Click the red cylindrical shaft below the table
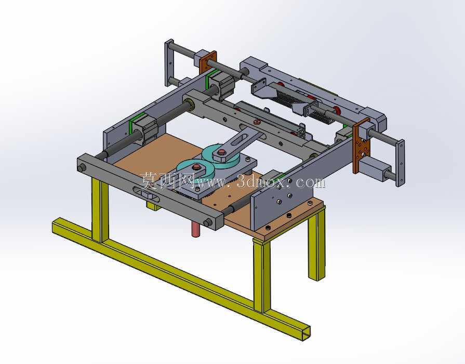point(196,229)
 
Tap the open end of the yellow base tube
point(306,333)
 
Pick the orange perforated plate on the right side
point(362,146)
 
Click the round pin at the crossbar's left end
point(81,168)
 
